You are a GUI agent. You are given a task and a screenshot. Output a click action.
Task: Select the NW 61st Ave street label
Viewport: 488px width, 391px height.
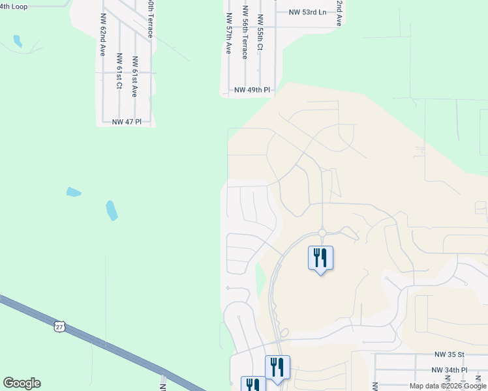pyautogui.click(x=134, y=77)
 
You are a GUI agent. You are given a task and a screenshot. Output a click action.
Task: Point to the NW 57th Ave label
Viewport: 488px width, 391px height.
pyautogui.click(x=228, y=34)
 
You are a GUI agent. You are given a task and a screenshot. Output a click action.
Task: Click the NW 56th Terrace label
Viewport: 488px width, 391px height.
pyautogui.click(x=245, y=33)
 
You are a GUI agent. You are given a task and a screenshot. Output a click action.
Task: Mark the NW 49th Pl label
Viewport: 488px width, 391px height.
pyautogui.click(x=252, y=90)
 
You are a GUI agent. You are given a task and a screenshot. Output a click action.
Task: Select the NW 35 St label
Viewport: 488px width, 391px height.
pyautogui.click(x=449, y=355)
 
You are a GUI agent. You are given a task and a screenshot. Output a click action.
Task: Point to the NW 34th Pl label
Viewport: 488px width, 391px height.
pyautogui.click(x=450, y=369)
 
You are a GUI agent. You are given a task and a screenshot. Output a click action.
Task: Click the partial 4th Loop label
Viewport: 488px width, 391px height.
pyautogui.click(x=14, y=6)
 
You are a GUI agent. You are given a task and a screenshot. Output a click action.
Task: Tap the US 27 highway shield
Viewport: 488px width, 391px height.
pyautogui.click(x=59, y=325)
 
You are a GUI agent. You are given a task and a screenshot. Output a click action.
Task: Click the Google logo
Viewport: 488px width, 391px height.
pyautogui.click(x=22, y=383)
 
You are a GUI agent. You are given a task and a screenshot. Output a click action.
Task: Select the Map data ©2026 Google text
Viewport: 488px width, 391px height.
pyautogui.click(x=448, y=386)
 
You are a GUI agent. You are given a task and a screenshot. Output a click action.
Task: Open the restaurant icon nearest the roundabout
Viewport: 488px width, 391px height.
pyautogui.click(x=320, y=258)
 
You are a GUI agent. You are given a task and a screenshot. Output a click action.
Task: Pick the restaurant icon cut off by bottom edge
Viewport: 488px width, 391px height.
pyautogui.click(x=252, y=385)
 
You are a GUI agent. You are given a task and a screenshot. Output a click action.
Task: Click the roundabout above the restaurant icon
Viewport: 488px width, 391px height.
pyautogui.click(x=322, y=233)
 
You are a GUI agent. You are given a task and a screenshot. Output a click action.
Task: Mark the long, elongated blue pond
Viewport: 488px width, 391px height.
pyautogui.click(x=112, y=210)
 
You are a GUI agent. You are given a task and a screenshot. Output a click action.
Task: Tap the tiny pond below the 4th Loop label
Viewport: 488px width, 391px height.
pyautogui.click(x=17, y=41)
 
